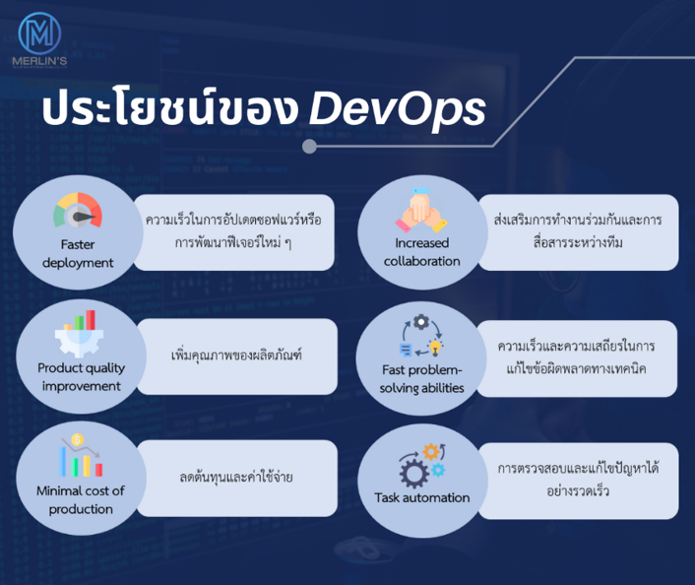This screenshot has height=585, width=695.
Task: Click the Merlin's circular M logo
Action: (x=39, y=33)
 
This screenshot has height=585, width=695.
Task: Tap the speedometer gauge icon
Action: (x=78, y=210)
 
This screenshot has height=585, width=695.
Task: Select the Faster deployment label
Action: (x=78, y=254)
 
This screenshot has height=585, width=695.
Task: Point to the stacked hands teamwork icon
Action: (x=421, y=210)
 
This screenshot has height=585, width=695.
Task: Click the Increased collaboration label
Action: (x=421, y=252)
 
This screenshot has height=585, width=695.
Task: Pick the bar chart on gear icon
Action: (x=80, y=334)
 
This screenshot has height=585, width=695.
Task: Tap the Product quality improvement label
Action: (x=81, y=377)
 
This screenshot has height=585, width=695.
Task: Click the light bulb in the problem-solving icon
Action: (x=436, y=348)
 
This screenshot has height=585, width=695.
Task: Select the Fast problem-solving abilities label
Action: (x=421, y=379)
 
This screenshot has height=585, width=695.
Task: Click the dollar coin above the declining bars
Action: (x=78, y=439)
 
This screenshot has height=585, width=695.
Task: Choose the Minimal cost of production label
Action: (x=81, y=500)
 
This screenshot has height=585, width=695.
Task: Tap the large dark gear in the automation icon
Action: (x=414, y=474)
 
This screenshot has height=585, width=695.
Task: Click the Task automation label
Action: (x=422, y=497)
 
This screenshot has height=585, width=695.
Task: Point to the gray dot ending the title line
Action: (x=309, y=147)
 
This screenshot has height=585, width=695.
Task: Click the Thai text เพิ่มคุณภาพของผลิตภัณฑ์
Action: (x=236, y=355)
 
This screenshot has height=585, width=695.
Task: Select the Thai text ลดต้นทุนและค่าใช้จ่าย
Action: (x=236, y=477)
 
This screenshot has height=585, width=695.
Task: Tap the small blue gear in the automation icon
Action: (x=438, y=470)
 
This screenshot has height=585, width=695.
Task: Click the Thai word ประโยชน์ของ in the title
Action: (x=170, y=106)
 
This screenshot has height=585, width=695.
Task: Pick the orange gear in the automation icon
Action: (x=431, y=452)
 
